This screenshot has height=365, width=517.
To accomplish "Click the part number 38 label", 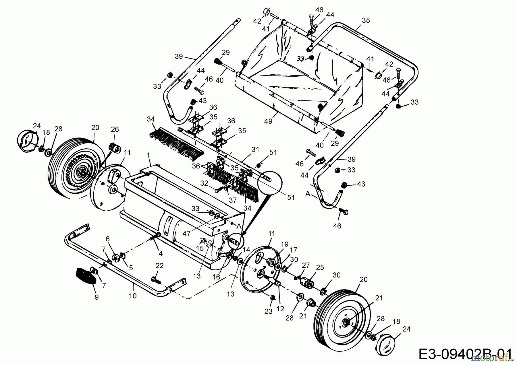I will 366,20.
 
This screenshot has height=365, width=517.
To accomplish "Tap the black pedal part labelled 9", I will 86,275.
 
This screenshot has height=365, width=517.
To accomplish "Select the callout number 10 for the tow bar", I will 133,296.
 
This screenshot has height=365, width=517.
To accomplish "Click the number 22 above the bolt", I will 159,266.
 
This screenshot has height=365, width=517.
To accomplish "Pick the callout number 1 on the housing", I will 148,155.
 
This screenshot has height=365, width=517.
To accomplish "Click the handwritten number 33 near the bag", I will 300,59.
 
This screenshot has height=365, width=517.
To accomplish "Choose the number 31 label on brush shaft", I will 255,150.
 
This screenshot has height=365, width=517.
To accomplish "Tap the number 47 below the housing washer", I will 186,234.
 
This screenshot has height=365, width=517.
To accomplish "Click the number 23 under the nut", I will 268,312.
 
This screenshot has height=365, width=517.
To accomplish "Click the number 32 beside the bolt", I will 204,183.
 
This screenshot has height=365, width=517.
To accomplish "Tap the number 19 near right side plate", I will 284,244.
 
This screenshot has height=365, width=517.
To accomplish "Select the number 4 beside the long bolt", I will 161,253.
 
